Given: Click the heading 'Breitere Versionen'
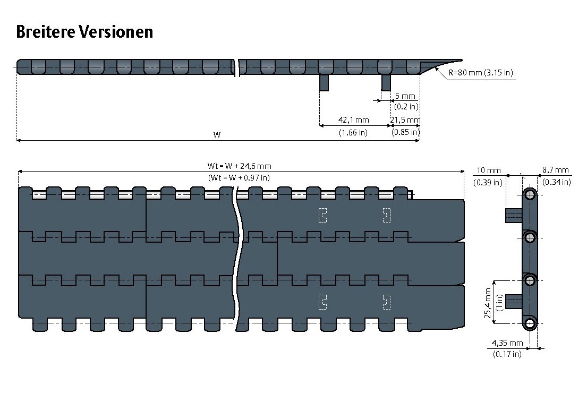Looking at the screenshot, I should [84, 32].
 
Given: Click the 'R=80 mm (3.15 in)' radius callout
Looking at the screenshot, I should [480, 73].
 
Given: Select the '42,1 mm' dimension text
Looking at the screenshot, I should [353, 120].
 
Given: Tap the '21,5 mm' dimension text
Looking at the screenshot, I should [405, 120].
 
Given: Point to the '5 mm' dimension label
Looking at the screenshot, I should [405, 96].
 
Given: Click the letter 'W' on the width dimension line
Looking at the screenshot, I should [217, 135].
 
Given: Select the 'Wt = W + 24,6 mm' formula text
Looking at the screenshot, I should [239, 166].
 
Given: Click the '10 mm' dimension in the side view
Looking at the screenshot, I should [488, 170].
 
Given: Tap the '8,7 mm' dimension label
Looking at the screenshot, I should [556, 170].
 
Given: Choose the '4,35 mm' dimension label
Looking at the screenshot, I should [507, 343].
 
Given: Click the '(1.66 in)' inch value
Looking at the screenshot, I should [353, 133].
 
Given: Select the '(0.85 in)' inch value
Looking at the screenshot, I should [405, 132].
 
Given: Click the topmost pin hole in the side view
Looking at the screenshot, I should [530, 195].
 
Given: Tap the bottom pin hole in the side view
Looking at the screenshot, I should [530, 323].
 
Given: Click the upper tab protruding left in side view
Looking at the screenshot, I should [513, 215].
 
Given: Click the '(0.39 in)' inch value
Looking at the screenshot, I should [488, 182].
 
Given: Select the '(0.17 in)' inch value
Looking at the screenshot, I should [507, 354].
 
